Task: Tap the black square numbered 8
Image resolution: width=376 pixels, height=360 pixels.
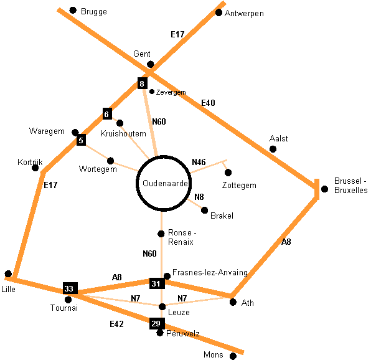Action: pyautogui.click(x=143, y=83)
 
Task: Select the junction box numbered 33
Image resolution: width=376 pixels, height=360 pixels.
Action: pyautogui.click(x=69, y=288)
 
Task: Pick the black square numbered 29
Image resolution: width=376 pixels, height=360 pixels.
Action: pyautogui.click(x=156, y=323)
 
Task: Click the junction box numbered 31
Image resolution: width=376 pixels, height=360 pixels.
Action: pyautogui.click(x=156, y=283)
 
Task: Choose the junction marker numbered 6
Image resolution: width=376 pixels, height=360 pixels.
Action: pyautogui.click(x=107, y=114)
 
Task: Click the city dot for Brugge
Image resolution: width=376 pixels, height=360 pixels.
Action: pyautogui.click(x=73, y=10)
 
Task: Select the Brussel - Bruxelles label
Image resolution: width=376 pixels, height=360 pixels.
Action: pyautogui.click(x=351, y=185)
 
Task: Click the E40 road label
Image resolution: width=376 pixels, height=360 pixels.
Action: pyautogui.click(x=208, y=103)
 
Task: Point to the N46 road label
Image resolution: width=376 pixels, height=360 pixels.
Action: pyautogui.click(x=199, y=162)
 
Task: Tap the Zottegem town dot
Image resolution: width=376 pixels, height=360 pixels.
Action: pyautogui.click(x=228, y=173)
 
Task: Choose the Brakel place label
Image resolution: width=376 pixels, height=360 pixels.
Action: pyautogui.click(x=222, y=216)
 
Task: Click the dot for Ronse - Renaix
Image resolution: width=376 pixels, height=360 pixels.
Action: pyautogui.click(x=161, y=234)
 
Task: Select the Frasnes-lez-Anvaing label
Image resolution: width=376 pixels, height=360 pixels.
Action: pyautogui.click(x=210, y=272)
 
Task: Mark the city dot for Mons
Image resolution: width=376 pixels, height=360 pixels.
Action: pyautogui.click(x=233, y=356)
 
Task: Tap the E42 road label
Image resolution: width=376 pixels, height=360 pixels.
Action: pyautogui.click(x=117, y=324)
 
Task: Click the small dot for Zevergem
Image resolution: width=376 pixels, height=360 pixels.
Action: pyautogui.click(x=152, y=91)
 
